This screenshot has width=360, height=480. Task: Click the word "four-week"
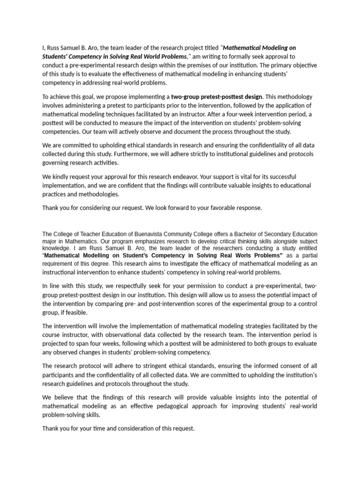230,114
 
